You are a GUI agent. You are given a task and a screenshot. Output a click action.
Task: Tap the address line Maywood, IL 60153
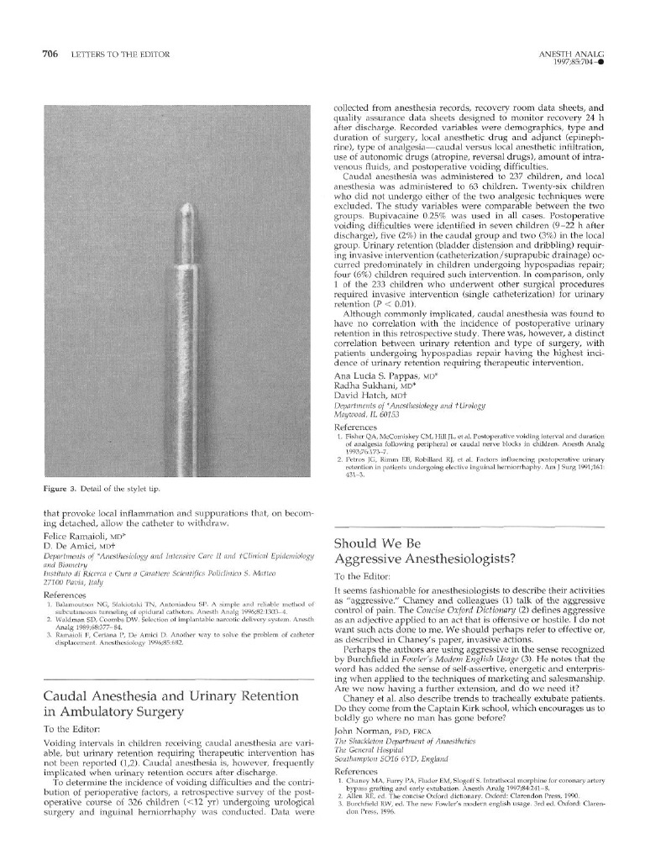[366, 415]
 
